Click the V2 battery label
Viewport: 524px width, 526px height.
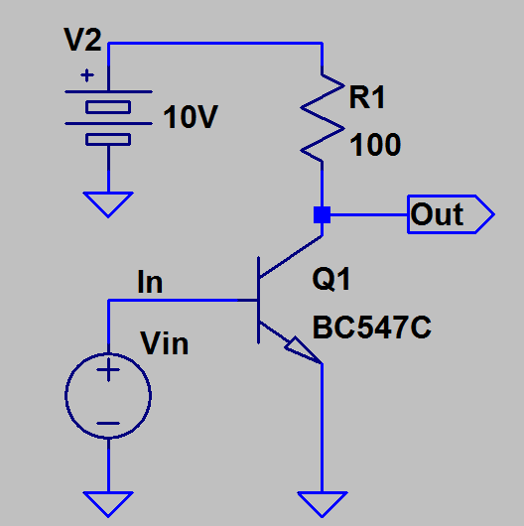click(82, 40)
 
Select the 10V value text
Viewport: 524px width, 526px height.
click(191, 117)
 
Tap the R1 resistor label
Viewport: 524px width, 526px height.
click(366, 97)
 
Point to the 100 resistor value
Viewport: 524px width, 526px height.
click(375, 145)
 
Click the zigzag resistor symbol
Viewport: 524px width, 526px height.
click(323, 118)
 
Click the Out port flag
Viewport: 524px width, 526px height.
click(451, 214)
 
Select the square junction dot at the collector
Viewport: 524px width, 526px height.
click(323, 214)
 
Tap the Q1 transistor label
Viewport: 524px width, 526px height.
click(331, 279)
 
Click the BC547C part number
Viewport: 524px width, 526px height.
click(372, 328)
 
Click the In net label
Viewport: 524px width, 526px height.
click(150, 282)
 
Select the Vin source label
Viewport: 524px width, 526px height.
click(165, 343)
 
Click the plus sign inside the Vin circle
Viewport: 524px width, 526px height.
click(108, 370)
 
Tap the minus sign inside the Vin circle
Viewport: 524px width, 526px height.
click(108, 424)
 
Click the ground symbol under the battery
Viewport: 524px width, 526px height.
click(108, 204)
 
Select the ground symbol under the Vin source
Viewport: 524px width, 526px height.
click(108, 504)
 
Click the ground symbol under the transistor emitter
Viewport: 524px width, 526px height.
click(323, 504)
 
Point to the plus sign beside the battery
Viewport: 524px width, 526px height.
click(87, 75)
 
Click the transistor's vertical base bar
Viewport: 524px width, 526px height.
click(258, 301)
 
